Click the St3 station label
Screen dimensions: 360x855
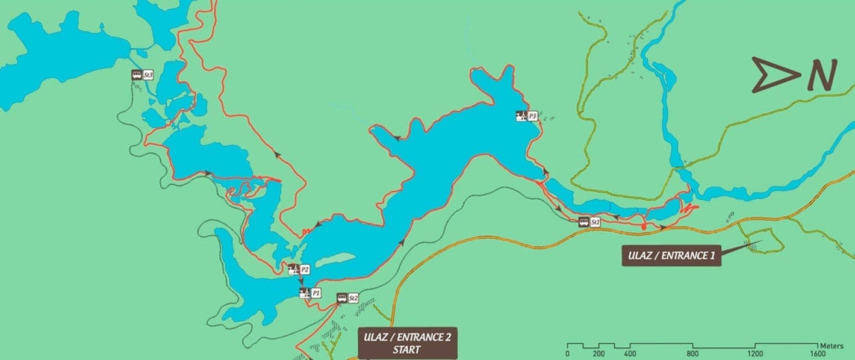tap(149, 75)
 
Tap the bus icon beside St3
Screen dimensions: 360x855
tap(137, 75)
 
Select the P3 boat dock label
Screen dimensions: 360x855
tap(532, 116)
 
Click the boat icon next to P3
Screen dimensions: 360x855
tap(521, 116)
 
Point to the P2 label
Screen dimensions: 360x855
tap(305, 269)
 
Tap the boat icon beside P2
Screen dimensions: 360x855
tap(293, 269)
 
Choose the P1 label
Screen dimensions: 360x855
tap(316, 293)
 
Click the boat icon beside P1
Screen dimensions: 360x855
tap(305, 293)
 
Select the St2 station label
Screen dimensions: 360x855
tap(353, 298)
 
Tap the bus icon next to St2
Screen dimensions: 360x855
tap(342, 298)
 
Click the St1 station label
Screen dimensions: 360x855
tap(595, 222)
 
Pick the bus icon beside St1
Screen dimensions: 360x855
tap(583, 222)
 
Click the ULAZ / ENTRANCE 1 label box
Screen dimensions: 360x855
tap(671, 255)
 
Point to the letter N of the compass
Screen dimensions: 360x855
tap(822, 75)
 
